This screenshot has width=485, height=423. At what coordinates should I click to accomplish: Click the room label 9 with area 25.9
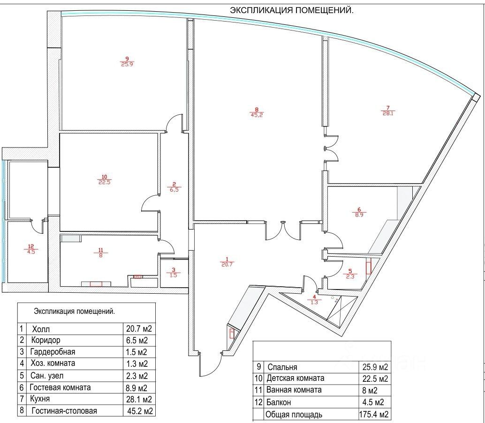point(127,61)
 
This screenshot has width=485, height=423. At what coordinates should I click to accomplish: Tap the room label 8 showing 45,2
point(257,112)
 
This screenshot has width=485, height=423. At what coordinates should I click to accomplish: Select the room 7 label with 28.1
point(388,111)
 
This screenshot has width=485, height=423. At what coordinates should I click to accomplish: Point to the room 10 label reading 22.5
point(104,179)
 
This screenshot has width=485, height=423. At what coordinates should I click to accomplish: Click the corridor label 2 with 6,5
point(174,187)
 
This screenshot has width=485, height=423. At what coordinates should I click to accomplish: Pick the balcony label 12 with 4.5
point(31,249)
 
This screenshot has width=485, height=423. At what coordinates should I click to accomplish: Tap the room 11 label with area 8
point(100,253)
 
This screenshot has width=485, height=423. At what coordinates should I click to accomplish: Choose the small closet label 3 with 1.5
point(174,272)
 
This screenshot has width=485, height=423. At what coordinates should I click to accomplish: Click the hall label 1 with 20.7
point(227,262)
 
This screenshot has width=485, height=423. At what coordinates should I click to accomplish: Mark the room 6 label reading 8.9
point(359,212)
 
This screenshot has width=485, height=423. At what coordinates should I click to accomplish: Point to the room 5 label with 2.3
point(350,274)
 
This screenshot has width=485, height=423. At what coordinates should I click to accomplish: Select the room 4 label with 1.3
point(314,300)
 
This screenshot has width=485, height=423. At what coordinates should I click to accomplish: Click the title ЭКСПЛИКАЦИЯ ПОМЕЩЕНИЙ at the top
point(292,10)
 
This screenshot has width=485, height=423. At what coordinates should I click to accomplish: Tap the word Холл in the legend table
point(41,329)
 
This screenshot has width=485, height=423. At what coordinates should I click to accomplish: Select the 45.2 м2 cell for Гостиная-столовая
point(140,411)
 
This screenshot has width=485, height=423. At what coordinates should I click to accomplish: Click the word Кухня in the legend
point(40,399)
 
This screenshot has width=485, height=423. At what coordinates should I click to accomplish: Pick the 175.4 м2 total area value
point(374,414)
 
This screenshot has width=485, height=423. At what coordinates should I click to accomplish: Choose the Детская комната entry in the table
point(296,378)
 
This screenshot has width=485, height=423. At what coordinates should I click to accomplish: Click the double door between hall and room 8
point(283,230)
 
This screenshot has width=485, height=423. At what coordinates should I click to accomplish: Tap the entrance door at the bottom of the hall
point(210,364)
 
